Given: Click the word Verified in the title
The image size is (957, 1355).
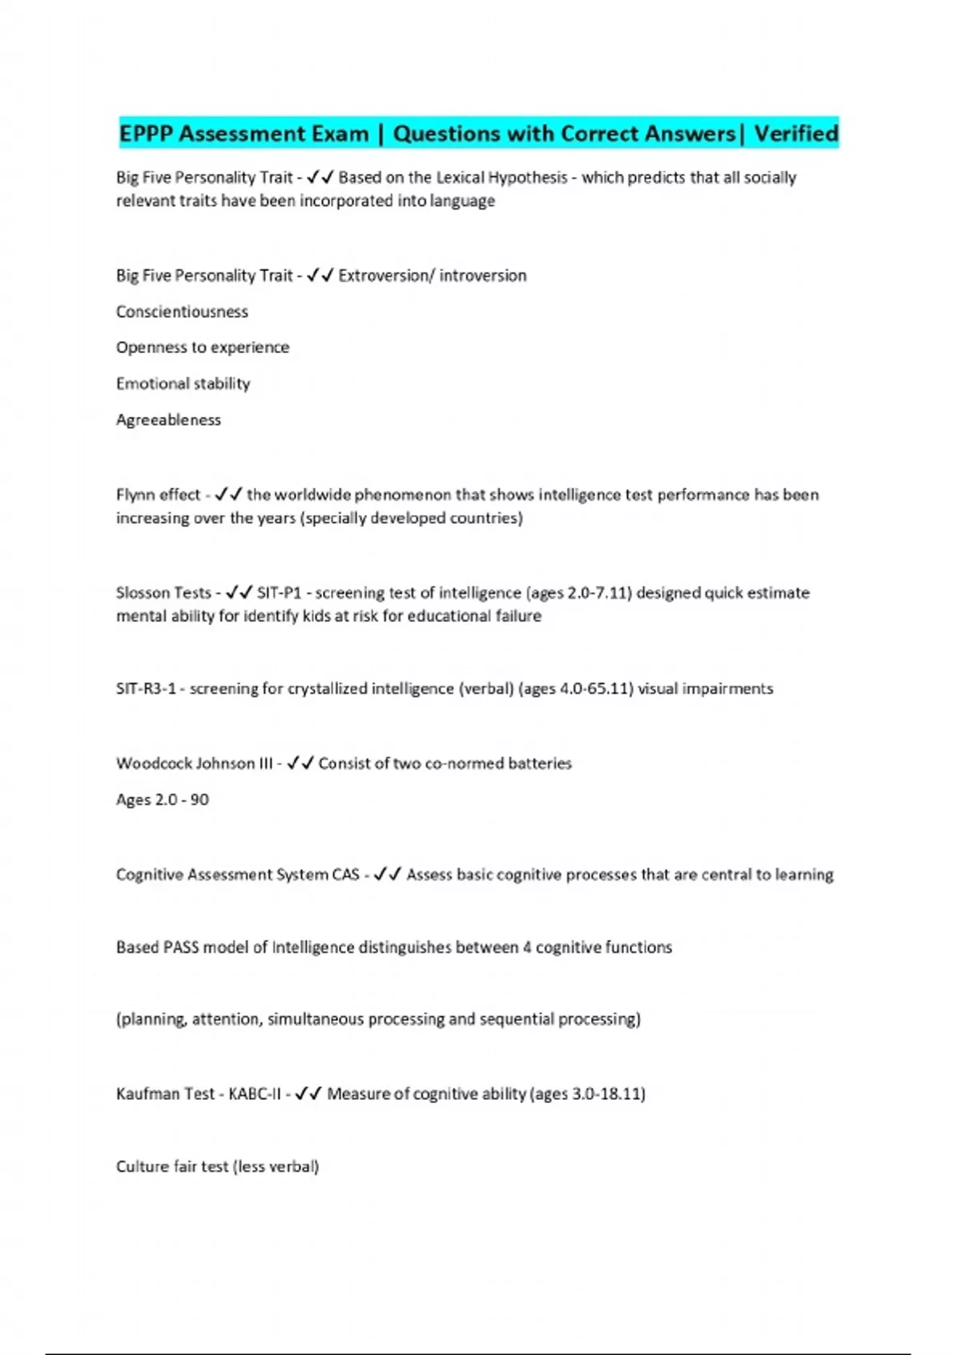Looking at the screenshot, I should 796,133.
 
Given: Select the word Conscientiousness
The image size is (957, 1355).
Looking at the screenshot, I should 182,312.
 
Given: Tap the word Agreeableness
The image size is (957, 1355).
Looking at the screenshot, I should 168,420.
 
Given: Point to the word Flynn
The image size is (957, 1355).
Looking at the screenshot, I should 135,495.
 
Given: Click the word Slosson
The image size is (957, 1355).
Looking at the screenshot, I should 142,593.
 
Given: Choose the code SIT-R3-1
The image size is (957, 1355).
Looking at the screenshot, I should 146,689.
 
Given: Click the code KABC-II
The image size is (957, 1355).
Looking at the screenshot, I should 254,1094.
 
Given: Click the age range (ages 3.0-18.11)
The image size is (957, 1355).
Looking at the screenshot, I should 588,1094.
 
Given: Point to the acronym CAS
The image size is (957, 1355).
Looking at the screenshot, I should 345,875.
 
